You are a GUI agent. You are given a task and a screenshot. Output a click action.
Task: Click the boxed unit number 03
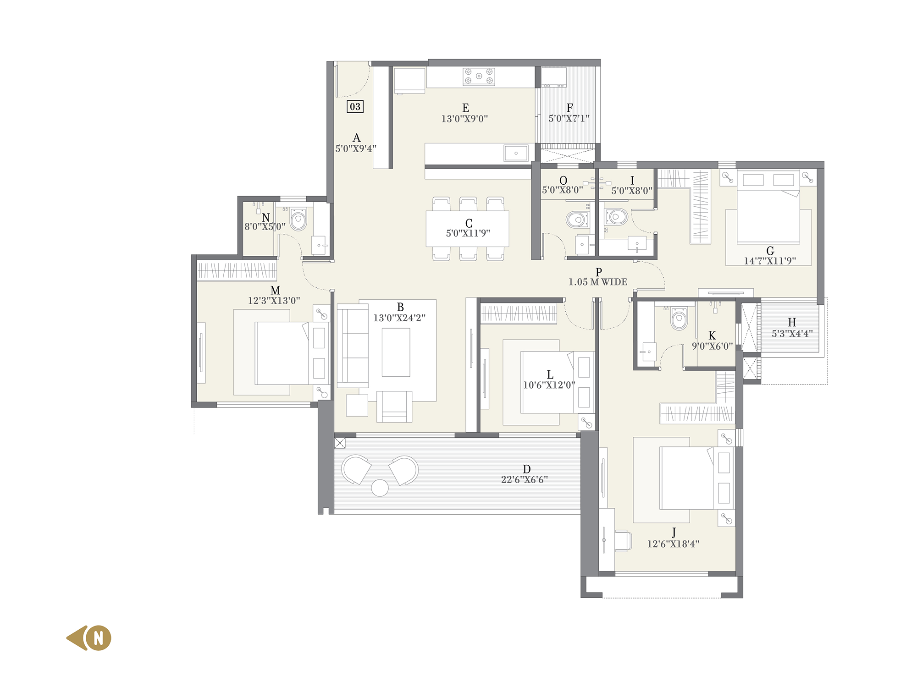click(x=355, y=107)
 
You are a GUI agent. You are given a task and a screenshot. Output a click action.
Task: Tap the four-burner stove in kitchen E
click(x=479, y=77)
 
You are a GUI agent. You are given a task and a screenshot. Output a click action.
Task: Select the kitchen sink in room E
click(x=516, y=153)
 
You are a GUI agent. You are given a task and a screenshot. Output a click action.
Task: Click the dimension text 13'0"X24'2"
click(x=399, y=318)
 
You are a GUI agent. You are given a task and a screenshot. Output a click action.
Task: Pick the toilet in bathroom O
click(x=577, y=220)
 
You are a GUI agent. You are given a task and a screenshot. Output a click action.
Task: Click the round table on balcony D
click(x=380, y=488)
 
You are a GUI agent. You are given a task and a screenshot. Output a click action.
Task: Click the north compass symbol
click(x=89, y=638)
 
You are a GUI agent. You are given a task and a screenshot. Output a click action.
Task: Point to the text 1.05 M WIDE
click(x=598, y=282)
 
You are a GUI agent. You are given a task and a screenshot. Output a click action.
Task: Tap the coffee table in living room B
click(x=396, y=352)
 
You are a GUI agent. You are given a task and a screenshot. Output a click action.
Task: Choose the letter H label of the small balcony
click(x=792, y=323)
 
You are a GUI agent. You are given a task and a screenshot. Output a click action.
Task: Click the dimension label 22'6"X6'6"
click(x=525, y=480)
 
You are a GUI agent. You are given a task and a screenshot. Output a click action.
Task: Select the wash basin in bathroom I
click(x=637, y=243)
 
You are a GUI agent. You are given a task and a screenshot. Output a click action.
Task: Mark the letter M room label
click(x=275, y=291)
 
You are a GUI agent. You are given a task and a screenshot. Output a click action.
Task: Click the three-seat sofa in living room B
click(x=353, y=346)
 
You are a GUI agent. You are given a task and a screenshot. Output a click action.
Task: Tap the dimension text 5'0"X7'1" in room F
click(x=569, y=119)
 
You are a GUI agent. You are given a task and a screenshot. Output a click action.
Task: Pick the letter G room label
click(x=770, y=251)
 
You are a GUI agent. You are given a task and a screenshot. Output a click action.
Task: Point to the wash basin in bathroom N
click(x=319, y=245)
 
